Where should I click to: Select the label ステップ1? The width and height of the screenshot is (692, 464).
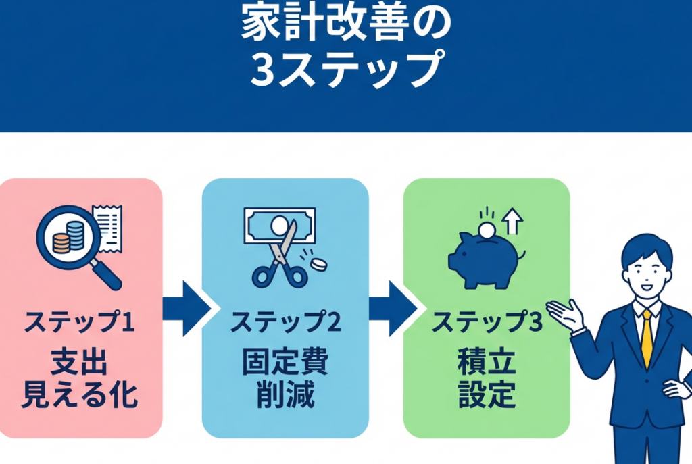click(80, 323)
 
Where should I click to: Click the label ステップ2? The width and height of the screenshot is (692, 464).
click(285, 323)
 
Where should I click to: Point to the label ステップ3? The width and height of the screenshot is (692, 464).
click(487, 323)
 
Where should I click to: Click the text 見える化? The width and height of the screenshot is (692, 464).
click(80, 395)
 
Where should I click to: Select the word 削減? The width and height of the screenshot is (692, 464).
click(285, 395)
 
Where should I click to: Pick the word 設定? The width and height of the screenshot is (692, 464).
click(487, 395)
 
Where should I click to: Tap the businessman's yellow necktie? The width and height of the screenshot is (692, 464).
click(647, 338)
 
